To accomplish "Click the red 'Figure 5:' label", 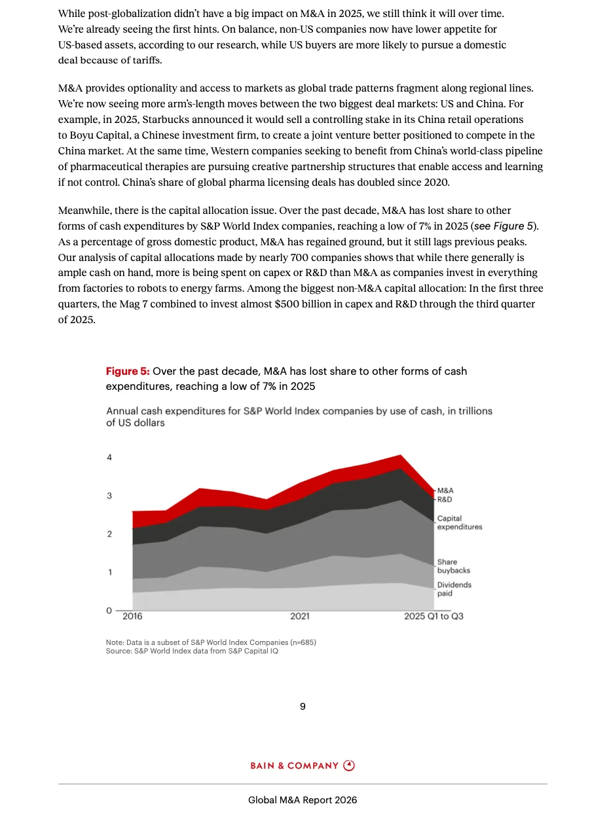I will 128,372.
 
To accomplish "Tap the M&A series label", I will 445,490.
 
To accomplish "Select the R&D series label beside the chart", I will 445,499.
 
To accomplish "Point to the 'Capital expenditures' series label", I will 459,523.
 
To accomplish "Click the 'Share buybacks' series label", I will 453,566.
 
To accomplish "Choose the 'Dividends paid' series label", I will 454,589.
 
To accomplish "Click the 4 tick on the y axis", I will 109,458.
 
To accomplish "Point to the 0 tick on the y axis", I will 109,611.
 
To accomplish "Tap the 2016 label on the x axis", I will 132,616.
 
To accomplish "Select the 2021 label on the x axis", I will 300,616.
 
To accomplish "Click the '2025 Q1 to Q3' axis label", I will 434,616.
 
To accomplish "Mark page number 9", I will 303,706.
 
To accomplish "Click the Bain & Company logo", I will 303,765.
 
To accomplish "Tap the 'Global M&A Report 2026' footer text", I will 303,800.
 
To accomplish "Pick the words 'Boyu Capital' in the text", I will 98,135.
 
